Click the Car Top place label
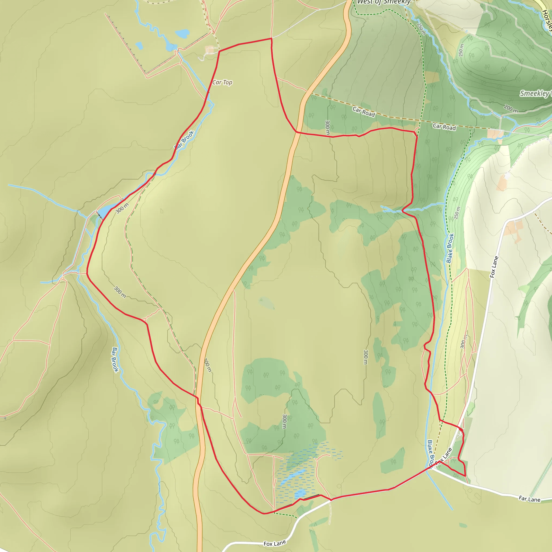pyautogui.click(x=222, y=82)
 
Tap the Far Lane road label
pyautogui.click(x=529, y=505)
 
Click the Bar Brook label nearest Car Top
pyautogui.click(x=185, y=139)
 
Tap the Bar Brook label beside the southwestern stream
pyautogui.click(x=115, y=360)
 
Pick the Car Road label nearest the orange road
pyautogui.click(x=363, y=111)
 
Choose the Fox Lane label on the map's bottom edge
pyautogui.click(x=275, y=543)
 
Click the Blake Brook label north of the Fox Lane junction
pyautogui.click(x=450, y=248)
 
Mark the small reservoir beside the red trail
pyautogui.click(x=104, y=211)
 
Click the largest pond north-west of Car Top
pyautogui.click(x=182, y=34)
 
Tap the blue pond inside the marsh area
pyautogui.click(x=300, y=493)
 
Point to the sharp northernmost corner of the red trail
pyautogui.click(x=271, y=38)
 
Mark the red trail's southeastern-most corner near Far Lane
pyautogui.click(x=465, y=476)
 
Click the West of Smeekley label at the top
pyautogui.click(x=384, y=2)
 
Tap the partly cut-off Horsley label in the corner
pyautogui.click(x=547, y=19)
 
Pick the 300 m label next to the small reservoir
pyautogui.click(x=122, y=208)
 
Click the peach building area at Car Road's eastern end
pyautogui.click(x=495, y=134)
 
